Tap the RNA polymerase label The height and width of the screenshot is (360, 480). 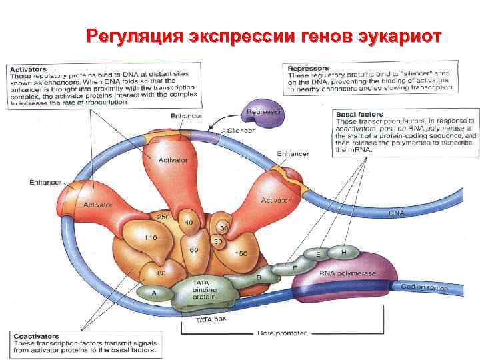point(347,274)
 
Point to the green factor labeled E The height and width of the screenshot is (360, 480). point(319,255)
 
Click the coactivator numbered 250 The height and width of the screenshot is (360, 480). point(163,217)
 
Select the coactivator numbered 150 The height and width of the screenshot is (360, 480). point(241,253)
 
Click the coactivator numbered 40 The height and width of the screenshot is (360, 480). point(189,222)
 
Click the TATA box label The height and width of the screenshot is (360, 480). point(211,321)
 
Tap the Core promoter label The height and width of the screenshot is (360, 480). point(281,332)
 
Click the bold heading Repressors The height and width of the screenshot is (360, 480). point(307,68)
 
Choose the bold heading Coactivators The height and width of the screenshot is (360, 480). point(35,336)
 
